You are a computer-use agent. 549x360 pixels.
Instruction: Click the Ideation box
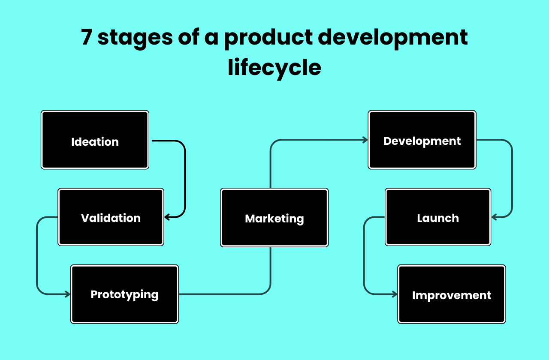pos(95,140)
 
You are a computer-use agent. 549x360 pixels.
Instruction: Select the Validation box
pos(111,217)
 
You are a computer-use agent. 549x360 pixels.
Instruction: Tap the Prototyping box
pos(124,294)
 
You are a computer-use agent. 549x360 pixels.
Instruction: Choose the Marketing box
pos(274,218)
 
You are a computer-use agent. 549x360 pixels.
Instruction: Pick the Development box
pos(422,140)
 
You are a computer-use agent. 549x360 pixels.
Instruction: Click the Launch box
pos(438,217)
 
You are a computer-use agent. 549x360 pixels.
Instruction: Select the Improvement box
pos(452,294)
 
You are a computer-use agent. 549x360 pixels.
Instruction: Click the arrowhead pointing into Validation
pos(167,217)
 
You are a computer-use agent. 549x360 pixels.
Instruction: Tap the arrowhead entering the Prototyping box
pos(67,294)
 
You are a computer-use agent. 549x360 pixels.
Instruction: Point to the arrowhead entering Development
pos(365,140)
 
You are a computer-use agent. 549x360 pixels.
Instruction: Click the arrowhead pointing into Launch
pos(494,217)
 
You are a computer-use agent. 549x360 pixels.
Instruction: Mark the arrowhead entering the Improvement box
pos(395,294)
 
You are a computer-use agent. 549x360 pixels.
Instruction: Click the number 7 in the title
pos(86,38)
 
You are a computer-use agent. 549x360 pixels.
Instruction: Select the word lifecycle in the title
pos(274,68)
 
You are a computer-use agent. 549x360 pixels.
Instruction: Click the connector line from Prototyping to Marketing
pos(223,294)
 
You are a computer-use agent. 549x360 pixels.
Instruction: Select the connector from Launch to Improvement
pos(364,257)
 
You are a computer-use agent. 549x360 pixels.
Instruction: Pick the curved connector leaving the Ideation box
pos(185,176)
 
